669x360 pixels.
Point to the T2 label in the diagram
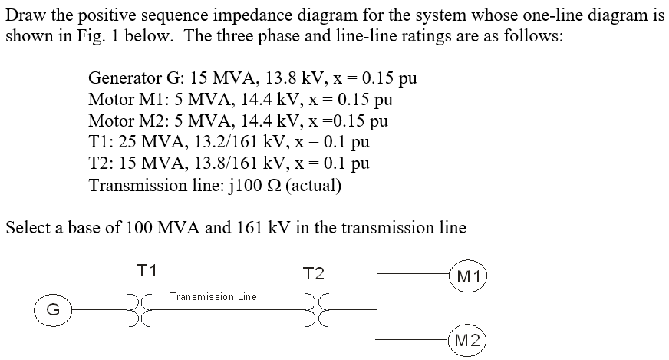pyautogui.click(x=315, y=274)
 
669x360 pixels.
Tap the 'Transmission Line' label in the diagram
pyautogui.click(x=213, y=296)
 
